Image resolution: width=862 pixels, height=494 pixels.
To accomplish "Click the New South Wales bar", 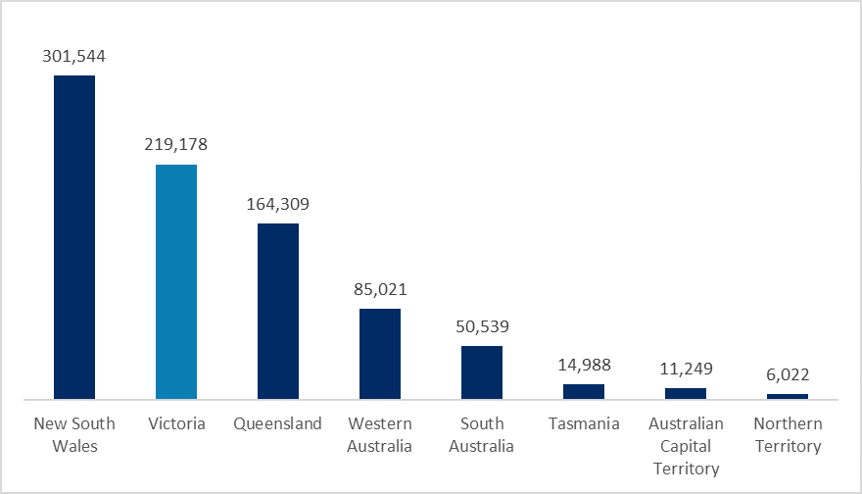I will click(x=74, y=237).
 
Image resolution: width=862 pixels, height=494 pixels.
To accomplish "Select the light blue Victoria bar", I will click(x=176, y=282).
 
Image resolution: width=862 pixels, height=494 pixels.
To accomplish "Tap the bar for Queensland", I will click(x=278, y=312).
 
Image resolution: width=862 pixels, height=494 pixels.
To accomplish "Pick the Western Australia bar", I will click(x=380, y=354).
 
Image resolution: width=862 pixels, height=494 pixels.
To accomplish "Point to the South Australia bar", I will click(x=482, y=372).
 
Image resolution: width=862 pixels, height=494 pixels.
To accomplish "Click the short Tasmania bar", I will click(x=584, y=391).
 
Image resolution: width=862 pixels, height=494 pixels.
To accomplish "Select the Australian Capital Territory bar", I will click(x=686, y=393).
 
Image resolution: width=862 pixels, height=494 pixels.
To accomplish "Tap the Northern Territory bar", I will click(x=788, y=396).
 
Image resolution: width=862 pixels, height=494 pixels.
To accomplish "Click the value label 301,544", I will click(x=74, y=56).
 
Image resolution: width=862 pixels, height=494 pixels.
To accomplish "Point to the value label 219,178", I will click(x=176, y=144).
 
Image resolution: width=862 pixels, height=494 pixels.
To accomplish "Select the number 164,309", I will click(x=278, y=205).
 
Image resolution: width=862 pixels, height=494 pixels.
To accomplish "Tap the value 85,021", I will click(x=380, y=289).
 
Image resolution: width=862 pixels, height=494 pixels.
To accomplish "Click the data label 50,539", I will click(x=482, y=326).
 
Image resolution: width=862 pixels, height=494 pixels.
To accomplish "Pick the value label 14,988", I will click(x=584, y=365).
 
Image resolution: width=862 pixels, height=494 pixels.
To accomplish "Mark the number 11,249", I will click(x=686, y=369).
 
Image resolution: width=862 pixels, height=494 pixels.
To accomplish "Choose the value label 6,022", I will click(x=788, y=374).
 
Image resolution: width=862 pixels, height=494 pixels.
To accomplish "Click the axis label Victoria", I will click(x=176, y=424).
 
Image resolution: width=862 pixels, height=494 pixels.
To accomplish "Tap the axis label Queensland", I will click(x=278, y=424).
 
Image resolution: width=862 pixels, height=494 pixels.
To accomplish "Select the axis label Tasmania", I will click(x=584, y=424).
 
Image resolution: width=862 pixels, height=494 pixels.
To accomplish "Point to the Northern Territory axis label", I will click(x=788, y=435).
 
